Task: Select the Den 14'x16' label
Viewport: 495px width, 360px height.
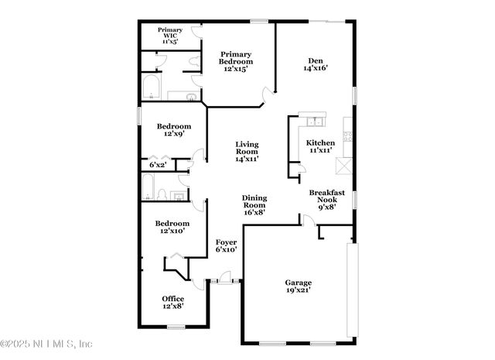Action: click(x=315, y=64)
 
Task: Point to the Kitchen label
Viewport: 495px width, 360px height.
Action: click(x=320, y=146)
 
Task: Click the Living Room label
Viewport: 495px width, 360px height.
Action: click(x=247, y=151)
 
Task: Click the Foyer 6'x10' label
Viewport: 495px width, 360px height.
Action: click(x=225, y=246)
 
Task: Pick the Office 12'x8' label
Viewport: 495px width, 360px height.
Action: click(x=172, y=302)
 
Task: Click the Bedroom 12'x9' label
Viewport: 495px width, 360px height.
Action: click(x=174, y=130)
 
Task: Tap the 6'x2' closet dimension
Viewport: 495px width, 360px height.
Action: click(x=158, y=165)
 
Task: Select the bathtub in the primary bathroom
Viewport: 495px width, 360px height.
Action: click(x=152, y=87)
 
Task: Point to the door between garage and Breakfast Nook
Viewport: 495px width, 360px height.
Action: click(x=308, y=222)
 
